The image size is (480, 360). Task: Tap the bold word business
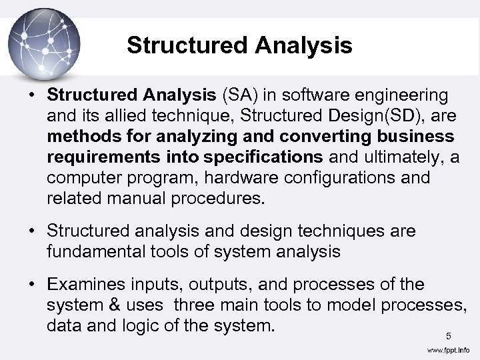click(411, 137)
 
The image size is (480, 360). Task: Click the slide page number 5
click(449, 335)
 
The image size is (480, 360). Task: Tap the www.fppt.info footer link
click(448, 350)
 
